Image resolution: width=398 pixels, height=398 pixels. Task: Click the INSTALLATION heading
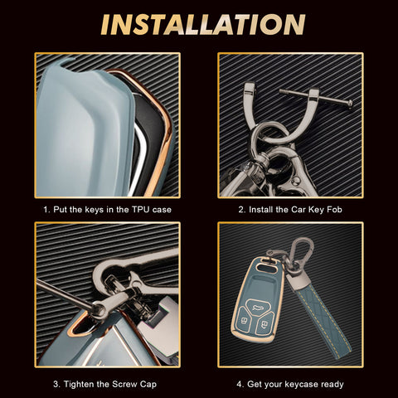click(203, 25)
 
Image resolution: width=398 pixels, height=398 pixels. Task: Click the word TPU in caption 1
click(141, 210)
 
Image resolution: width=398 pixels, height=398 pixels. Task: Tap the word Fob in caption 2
click(334, 210)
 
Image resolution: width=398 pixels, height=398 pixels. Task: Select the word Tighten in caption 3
click(80, 384)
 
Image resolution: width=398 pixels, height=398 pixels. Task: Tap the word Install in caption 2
click(261, 210)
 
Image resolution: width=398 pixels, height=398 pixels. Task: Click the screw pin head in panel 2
click(349, 104)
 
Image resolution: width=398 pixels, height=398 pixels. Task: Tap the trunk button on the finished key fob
click(256, 305)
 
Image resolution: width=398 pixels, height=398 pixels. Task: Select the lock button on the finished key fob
click(245, 320)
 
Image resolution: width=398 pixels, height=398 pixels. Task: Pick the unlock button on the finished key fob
click(265, 324)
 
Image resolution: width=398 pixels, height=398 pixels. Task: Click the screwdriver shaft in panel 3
click(64, 294)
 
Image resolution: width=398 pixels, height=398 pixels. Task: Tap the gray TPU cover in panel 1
click(83, 130)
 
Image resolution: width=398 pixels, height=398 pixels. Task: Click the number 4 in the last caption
click(239, 385)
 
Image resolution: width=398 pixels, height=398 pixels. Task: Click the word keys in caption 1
click(94, 210)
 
